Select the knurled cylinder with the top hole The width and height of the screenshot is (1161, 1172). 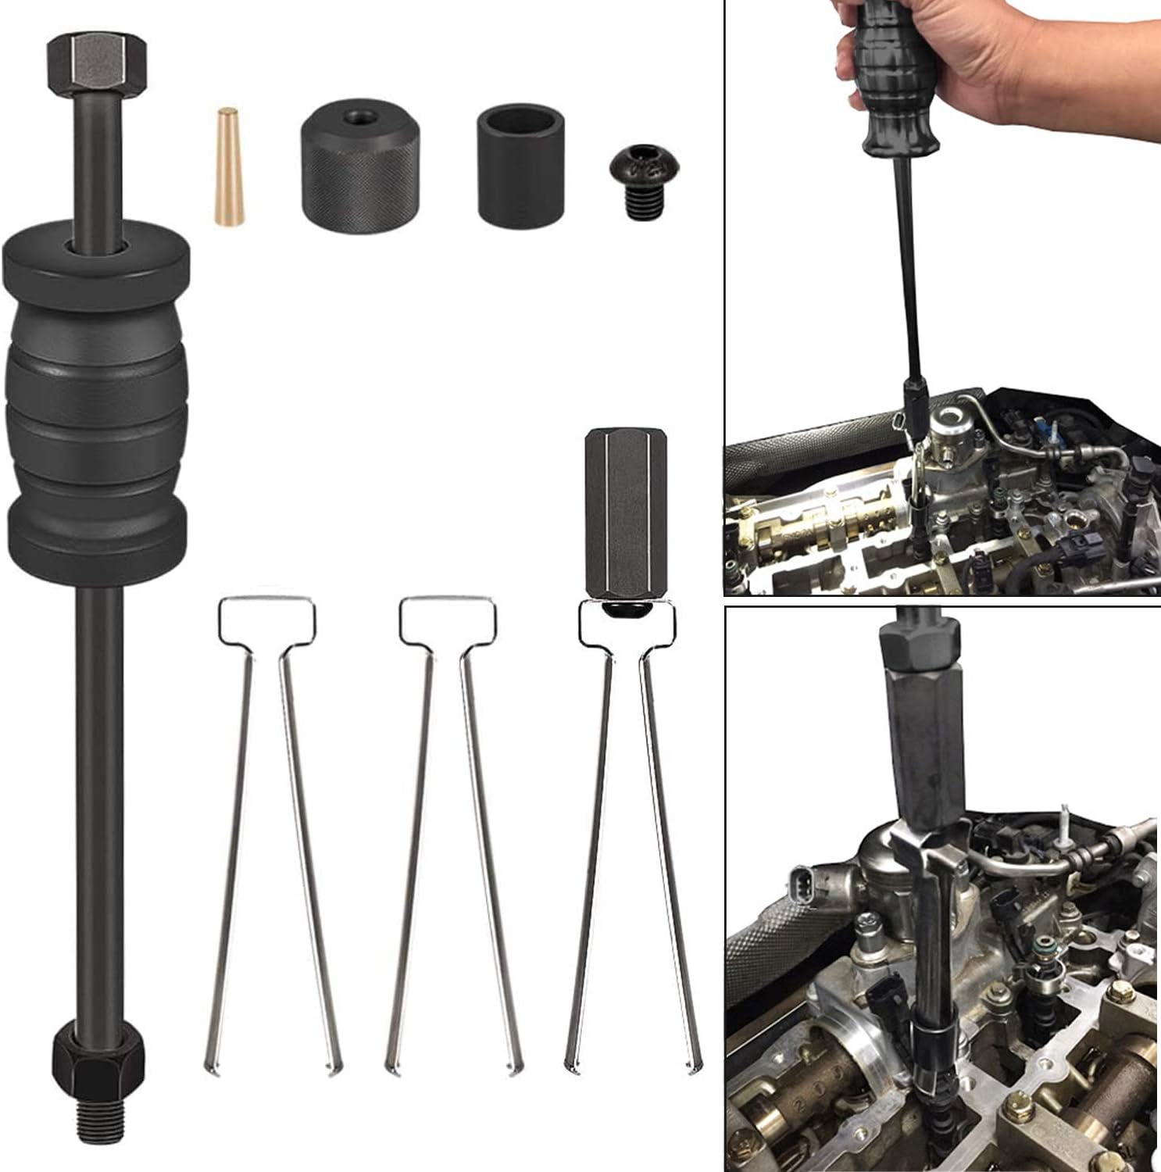360,169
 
